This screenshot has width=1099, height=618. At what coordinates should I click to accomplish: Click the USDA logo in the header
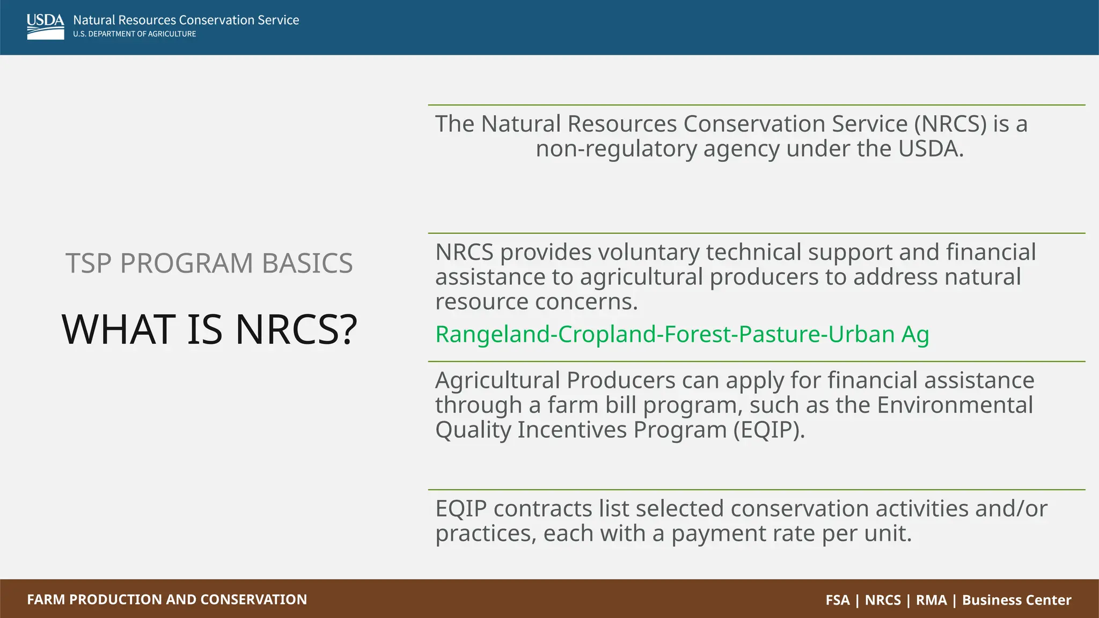coord(45,26)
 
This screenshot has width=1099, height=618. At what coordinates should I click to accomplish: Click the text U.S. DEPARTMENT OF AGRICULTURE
coord(135,34)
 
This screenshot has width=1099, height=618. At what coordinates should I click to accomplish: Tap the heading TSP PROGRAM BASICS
coord(209,263)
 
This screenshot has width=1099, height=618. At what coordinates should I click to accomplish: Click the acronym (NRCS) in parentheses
coord(950,124)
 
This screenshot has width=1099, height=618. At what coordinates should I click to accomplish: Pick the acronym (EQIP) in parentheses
coord(769,430)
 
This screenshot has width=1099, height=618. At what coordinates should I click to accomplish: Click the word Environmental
coord(955,405)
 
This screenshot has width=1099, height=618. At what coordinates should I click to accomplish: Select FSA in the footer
coord(837,600)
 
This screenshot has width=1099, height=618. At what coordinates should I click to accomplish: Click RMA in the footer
coord(931,600)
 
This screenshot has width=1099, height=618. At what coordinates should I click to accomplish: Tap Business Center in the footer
coord(1016,600)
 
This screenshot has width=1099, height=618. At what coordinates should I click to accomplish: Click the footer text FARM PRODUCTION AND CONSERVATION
coord(167,599)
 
